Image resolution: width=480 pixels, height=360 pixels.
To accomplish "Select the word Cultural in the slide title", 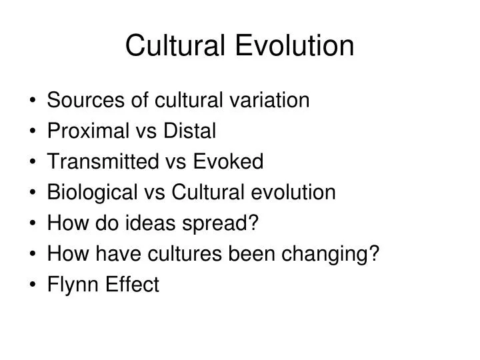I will pos(177,45).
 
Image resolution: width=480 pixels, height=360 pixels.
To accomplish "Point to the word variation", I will pos(272,101).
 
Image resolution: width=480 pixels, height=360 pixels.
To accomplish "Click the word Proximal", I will pos(86,131).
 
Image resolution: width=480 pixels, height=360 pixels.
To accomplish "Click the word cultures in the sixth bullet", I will pos(203,255).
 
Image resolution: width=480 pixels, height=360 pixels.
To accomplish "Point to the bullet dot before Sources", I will pos(33,101).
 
